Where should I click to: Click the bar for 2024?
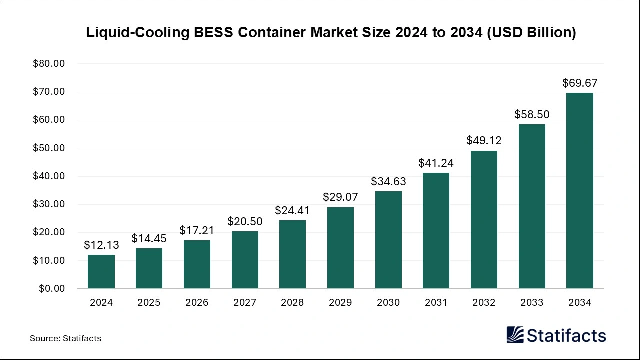click(x=101, y=272)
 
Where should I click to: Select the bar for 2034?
click(x=580, y=191)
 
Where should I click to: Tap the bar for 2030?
click(x=388, y=240)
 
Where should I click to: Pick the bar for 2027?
click(x=245, y=260)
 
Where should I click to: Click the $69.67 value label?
click(x=580, y=83)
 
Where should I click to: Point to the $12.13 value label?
click(x=101, y=245)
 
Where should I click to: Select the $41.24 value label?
click(x=436, y=162)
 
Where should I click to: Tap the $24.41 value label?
click(x=292, y=210)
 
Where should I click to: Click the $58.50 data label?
click(x=532, y=114)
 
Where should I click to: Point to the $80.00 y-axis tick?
click(x=49, y=64)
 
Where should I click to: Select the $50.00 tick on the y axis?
click(x=49, y=148)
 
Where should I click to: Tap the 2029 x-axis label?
click(x=340, y=303)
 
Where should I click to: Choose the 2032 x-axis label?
click(x=484, y=303)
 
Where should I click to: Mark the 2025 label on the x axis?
click(x=149, y=303)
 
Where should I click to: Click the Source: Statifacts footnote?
click(x=65, y=338)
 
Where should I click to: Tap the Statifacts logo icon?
click(x=515, y=335)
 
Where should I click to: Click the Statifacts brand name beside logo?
click(x=567, y=335)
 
